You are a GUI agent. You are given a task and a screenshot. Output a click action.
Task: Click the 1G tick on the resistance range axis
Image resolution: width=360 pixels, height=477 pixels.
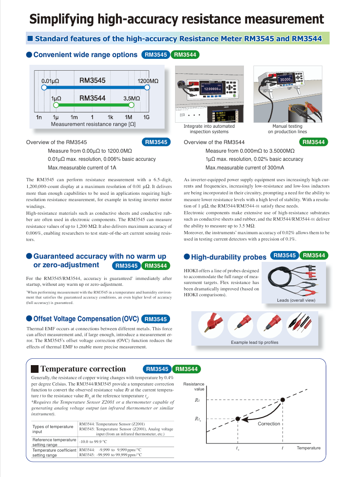[x=146, y=117]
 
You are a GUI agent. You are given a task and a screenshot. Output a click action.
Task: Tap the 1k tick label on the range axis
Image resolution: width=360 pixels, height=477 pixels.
[x=110, y=117]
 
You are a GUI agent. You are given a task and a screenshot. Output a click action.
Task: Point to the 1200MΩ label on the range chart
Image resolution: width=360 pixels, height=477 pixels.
[x=148, y=81]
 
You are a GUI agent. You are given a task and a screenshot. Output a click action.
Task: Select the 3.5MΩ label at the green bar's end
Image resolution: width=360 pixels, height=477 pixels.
[x=131, y=98]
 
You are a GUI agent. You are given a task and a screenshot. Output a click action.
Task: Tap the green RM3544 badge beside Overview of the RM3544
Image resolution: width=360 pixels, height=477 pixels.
[x=314, y=142]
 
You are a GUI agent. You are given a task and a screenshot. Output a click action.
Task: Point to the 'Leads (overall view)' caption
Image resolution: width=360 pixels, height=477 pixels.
[x=295, y=300]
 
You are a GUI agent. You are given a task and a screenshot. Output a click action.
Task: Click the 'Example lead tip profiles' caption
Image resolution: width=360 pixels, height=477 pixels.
[x=254, y=342]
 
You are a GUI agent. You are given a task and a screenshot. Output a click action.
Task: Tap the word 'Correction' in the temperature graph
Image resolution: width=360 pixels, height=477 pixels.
[x=269, y=424]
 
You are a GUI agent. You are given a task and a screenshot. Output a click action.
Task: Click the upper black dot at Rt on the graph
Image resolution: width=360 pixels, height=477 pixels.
[x=282, y=400]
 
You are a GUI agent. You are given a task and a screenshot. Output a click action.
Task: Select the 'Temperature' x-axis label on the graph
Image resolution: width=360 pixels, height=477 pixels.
[x=308, y=448]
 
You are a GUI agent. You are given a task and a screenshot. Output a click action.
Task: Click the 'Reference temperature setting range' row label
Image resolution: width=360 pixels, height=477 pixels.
[x=54, y=442]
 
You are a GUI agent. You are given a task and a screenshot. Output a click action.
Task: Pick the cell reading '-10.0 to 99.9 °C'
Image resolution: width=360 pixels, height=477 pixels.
[x=93, y=442]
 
